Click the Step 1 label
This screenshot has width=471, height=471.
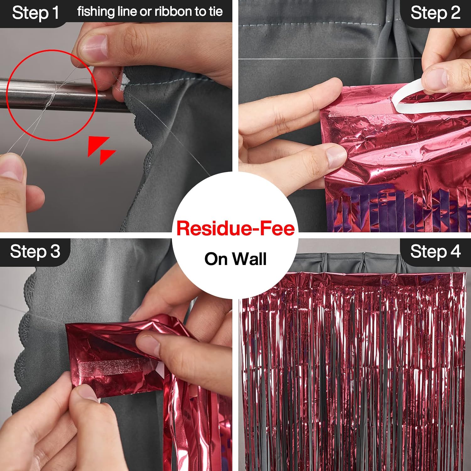click(x=35, y=13)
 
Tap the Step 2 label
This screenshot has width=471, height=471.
click(x=435, y=13)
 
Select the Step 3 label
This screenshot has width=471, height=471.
click(x=35, y=252)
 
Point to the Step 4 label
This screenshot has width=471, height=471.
click(x=435, y=252)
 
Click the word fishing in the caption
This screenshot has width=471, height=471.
click(x=96, y=12)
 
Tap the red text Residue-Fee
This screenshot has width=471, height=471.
click(x=235, y=228)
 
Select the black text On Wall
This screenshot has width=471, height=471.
click(x=235, y=259)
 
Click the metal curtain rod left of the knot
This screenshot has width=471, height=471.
click(x=22, y=90)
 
